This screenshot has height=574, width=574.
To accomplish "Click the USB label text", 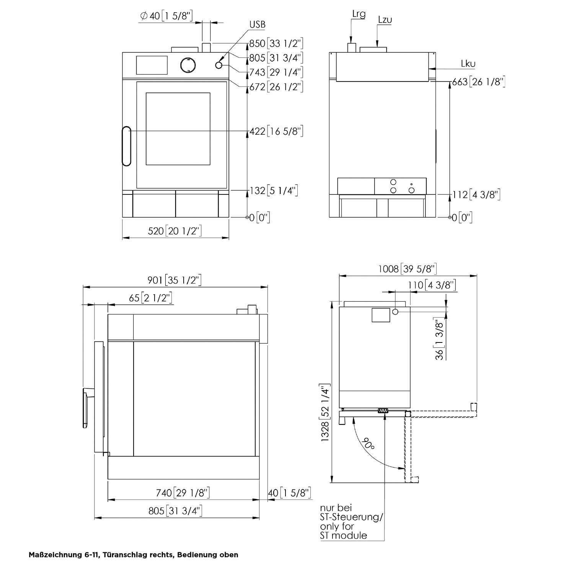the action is point(258,24).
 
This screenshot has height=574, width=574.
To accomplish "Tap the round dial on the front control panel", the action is point(188,65).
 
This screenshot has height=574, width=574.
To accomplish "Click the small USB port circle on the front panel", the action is point(219,65).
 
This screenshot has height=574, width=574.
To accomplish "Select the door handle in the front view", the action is point(126,146).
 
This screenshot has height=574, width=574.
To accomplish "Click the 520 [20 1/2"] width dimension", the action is point(175,231).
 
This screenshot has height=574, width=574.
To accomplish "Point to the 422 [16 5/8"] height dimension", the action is point(277,131).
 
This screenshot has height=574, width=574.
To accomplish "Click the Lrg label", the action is point(359,15).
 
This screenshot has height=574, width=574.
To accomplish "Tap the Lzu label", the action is point(385,20).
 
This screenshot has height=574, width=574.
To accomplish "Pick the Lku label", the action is point(468,64).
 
